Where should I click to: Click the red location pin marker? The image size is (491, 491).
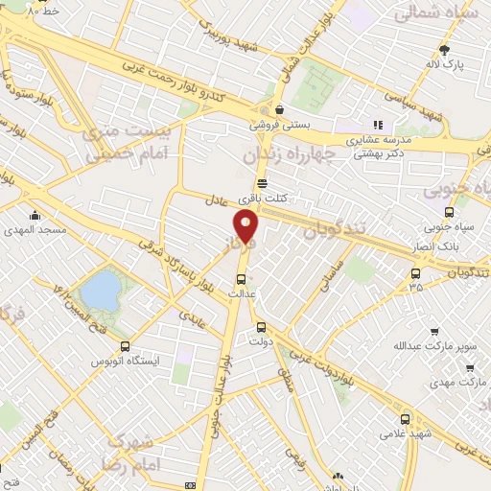point(246,226)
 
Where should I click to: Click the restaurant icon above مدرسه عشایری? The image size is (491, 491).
point(378,125)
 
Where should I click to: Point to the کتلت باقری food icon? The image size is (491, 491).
point(262,185)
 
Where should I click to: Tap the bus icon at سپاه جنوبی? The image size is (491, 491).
point(449,212)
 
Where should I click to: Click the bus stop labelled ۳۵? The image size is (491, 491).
point(415,272)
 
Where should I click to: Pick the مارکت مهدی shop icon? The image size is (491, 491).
point(467,367)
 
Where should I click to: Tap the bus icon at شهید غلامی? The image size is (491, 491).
point(406,419)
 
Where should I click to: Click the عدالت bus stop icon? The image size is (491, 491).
point(241,279)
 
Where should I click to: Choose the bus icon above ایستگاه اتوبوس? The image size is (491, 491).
point(125,346)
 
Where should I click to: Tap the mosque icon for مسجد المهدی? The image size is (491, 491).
point(35,216)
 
